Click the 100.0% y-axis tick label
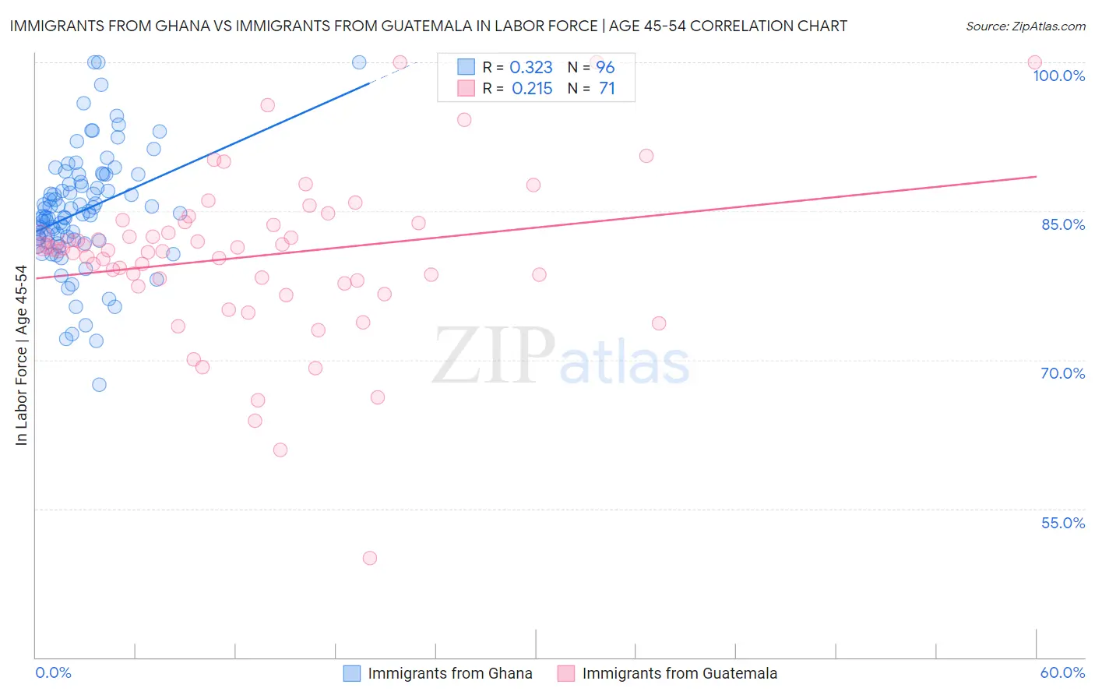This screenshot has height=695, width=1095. [x=1058, y=76]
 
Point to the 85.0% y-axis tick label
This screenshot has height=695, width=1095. [x=1063, y=224]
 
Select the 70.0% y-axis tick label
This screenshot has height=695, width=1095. [x=1062, y=373]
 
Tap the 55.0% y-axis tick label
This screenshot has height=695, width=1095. [x=1062, y=523]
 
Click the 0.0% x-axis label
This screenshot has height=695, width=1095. [x=53, y=672]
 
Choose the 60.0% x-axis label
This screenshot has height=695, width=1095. [x=1062, y=672]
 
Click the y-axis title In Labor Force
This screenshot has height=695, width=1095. [x=21, y=355]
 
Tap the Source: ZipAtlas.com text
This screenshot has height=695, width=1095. [x=1025, y=26]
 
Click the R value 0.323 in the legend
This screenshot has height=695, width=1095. [x=531, y=68]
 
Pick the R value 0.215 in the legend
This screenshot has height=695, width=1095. [x=532, y=89]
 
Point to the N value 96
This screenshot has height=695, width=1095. [x=605, y=68]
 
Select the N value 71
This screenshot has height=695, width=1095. [x=607, y=89]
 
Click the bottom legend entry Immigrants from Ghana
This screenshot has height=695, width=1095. [x=450, y=673]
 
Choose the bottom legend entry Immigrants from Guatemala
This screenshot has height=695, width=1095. [x=679, y=673]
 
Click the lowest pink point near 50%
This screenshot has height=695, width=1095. [x=370, y=558]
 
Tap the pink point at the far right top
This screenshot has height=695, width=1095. [x=1034, y=62]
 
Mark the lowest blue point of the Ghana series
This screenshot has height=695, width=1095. [x=99, y=384]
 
